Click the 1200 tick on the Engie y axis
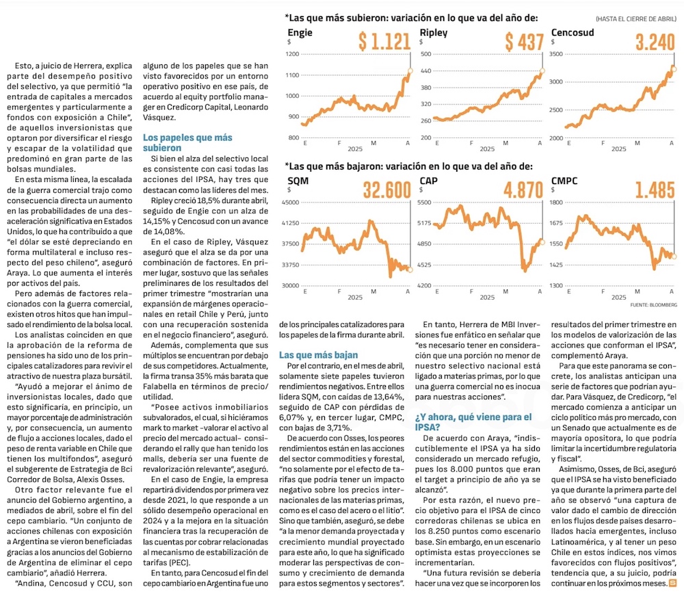(x=293, y=54)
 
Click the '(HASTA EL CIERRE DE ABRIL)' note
(x=636, y=18)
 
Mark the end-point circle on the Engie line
(x=409, y=70)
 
